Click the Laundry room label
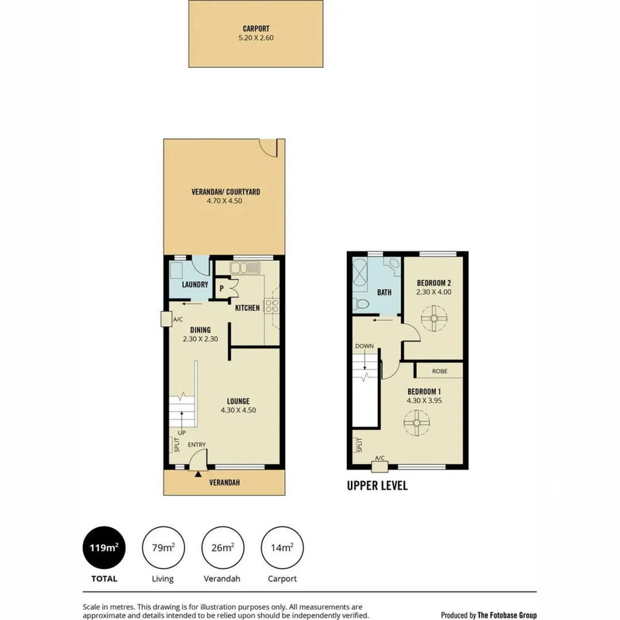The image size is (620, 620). [x=195, y=285]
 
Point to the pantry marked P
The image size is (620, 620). [x=222, y=288]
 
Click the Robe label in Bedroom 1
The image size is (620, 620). [x=439, y=371]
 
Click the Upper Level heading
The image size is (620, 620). [x=377, y=486]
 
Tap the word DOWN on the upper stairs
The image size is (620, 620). [x=365, y=346]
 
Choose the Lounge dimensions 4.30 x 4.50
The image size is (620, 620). [x=238, y=410]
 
